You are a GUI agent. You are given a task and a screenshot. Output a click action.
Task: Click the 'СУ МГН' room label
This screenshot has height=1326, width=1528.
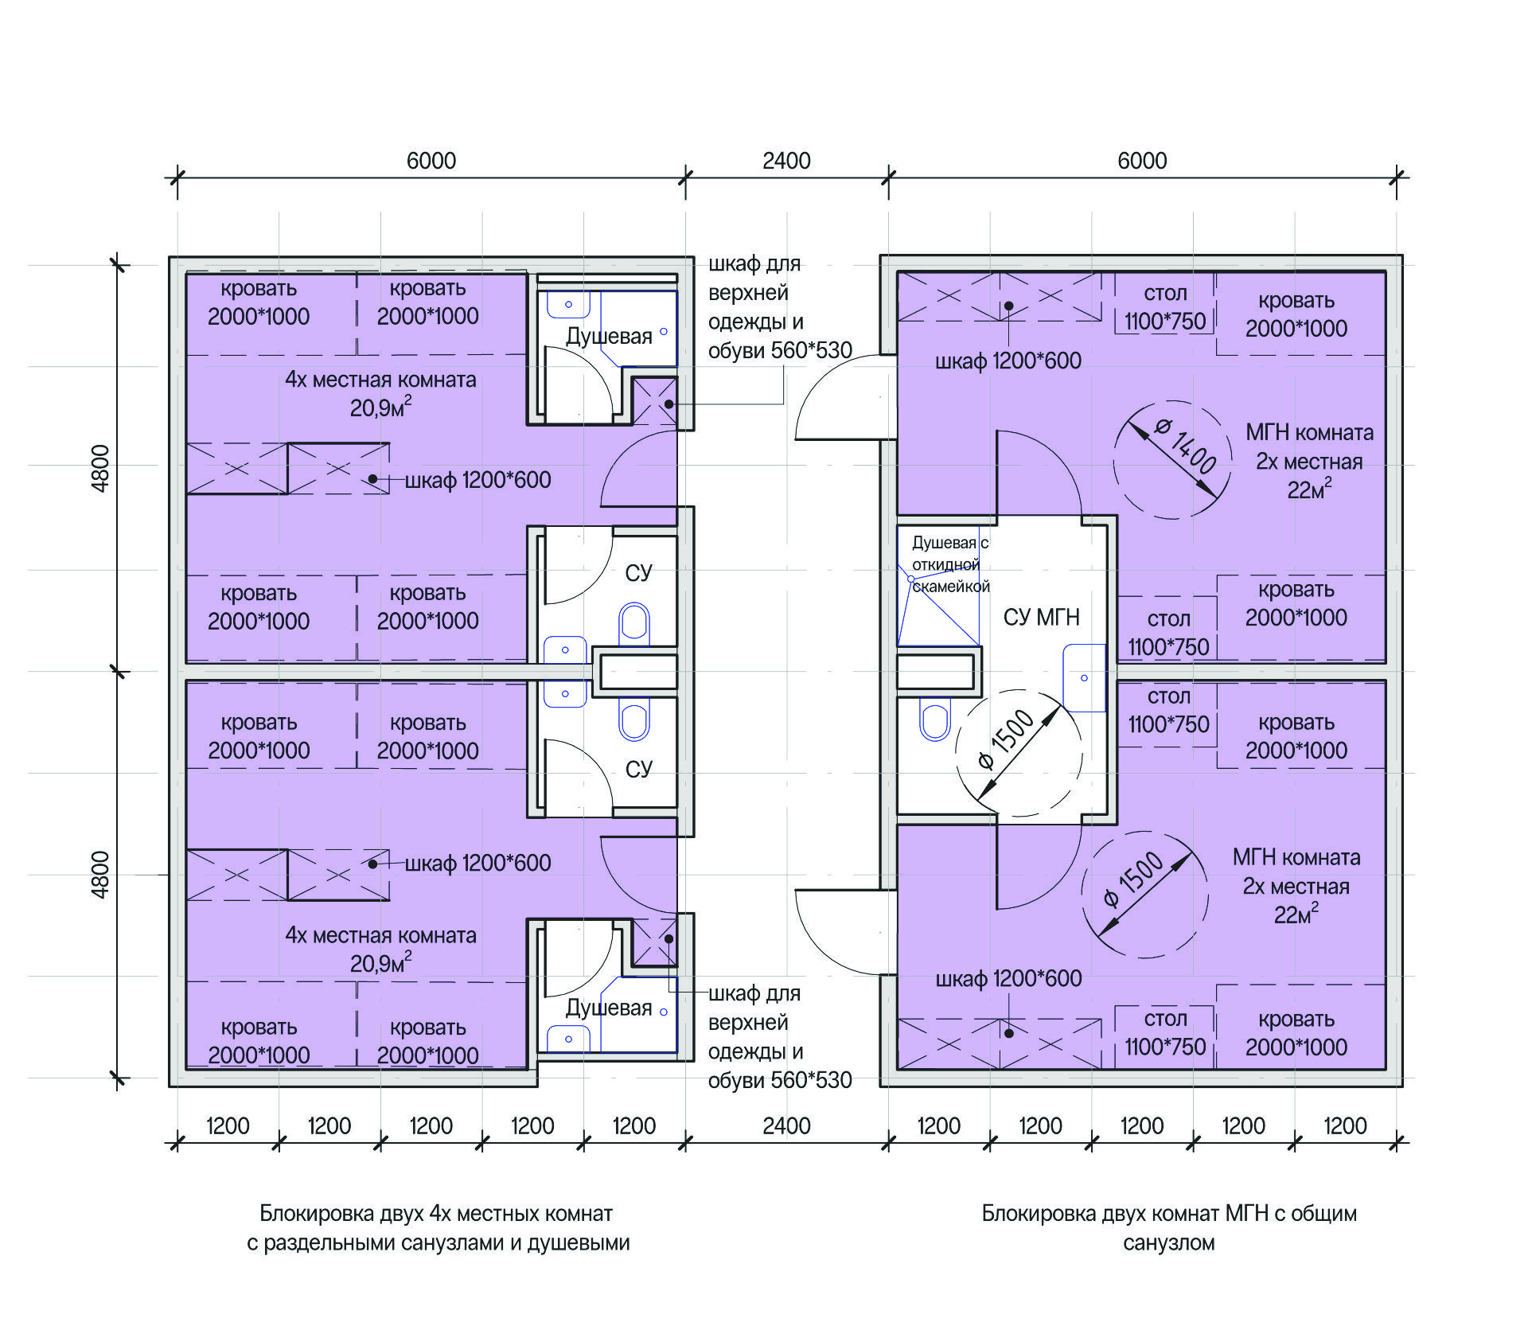(1041, 617)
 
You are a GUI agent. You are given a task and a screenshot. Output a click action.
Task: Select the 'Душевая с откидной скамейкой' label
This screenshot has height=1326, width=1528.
(950, 564)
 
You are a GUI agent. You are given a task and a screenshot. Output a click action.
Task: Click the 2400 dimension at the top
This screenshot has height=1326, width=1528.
(786, 161)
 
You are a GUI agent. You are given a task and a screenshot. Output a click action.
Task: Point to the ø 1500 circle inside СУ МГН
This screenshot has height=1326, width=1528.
(1018, 753)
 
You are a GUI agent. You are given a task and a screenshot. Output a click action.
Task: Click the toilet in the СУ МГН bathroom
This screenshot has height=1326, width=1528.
(935, 719)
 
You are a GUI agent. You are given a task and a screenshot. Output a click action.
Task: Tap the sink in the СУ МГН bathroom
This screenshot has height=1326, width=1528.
(1085, 677)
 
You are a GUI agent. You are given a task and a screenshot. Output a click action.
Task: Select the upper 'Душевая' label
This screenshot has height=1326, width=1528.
(609, 336)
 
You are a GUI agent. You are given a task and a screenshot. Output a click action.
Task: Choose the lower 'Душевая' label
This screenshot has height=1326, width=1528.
(609, 1008)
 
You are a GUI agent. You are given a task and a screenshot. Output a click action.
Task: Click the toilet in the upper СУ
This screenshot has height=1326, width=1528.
(634, 625)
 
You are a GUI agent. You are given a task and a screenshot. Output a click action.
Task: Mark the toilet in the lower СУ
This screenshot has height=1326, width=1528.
(634, 719)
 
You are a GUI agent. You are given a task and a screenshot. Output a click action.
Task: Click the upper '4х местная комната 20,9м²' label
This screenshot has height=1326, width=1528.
(380, 393)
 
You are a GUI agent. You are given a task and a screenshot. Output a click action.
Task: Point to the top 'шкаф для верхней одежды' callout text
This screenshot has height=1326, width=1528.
(780, 307)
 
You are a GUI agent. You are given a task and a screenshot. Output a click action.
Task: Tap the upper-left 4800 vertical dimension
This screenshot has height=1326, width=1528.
(100, 468)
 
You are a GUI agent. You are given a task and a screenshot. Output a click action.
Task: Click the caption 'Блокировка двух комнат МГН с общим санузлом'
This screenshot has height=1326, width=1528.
(1168, 1227)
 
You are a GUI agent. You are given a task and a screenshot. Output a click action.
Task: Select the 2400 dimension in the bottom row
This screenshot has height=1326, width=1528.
(786, 1126)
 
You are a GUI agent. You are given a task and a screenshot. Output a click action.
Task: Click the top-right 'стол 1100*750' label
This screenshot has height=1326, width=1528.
(1165, 307)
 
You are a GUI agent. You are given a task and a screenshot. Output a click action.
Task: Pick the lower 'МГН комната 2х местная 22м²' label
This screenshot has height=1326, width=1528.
(1296, 886)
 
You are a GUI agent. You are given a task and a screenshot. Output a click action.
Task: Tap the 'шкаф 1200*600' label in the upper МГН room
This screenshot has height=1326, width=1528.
(1008, 361)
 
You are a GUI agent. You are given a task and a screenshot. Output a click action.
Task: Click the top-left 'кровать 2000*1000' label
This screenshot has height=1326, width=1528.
(259, 302)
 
